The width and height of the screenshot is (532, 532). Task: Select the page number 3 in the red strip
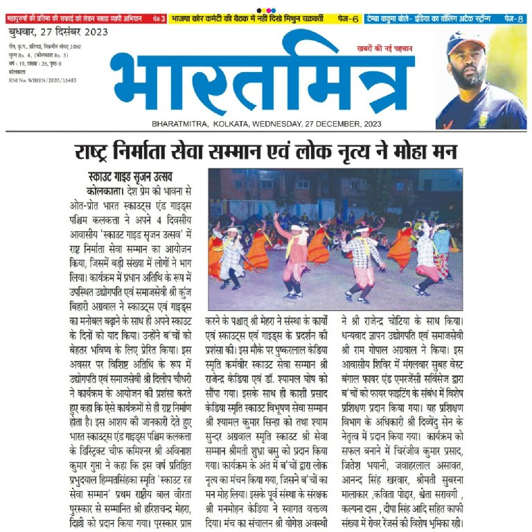(163, 19)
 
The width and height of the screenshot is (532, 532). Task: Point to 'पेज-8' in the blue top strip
(513, 19)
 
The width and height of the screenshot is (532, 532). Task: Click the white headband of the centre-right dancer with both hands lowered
(361, 229)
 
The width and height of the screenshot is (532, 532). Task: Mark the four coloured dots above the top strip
(266, 9)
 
